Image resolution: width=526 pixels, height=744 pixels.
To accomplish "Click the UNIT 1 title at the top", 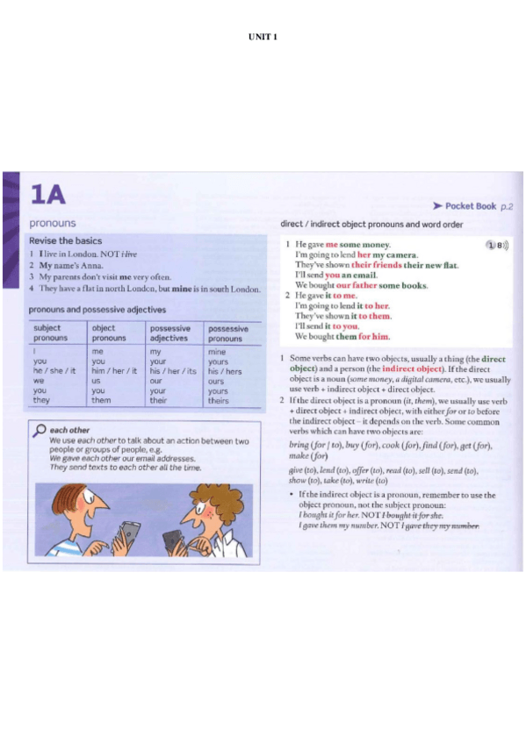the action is tap(263, 37).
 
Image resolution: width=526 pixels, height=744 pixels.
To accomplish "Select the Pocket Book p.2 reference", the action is tap(472, 206).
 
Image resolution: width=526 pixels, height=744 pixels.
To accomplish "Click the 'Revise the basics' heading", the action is tap(65, 240).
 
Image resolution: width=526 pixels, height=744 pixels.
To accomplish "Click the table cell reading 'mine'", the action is tap(218, 351).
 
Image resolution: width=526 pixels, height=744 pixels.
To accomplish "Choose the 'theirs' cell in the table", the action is tap(220, 401).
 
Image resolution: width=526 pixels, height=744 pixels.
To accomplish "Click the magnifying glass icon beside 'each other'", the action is tap(38, 430).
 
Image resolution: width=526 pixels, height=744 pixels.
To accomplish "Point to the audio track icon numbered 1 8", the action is tap(498, 246).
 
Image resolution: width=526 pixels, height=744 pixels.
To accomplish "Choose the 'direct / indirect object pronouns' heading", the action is tap(371, 224).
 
